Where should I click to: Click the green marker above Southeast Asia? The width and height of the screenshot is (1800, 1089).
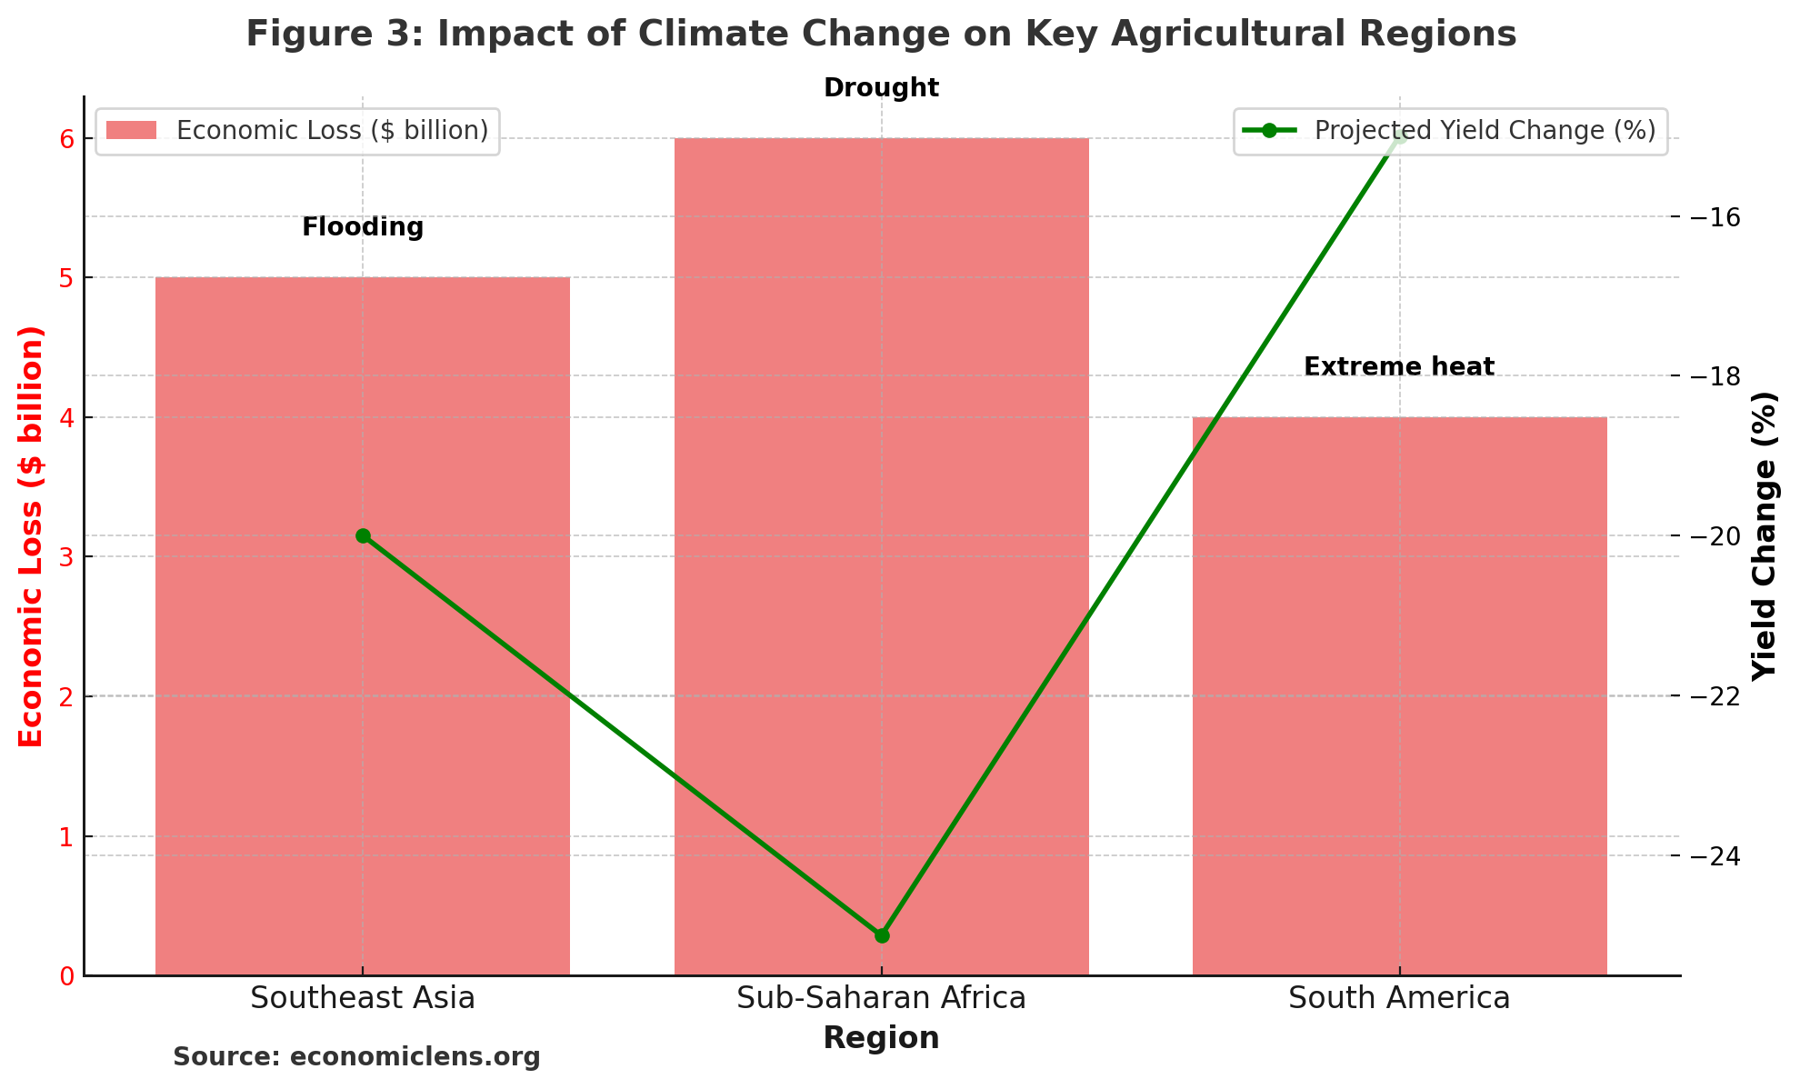click(363, 536)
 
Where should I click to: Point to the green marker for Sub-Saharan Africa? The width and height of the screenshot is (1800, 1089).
click(881, 935)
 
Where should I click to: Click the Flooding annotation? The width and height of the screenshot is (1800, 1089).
click(363, 227)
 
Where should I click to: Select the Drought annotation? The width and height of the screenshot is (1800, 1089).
click(881, 88)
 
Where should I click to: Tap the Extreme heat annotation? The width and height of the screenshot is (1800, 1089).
click(1399, 367)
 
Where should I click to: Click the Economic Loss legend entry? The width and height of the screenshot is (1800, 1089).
click(297, 131)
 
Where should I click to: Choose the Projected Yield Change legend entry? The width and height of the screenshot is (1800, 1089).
click(1450, 131)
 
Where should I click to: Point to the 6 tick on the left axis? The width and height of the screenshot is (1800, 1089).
click(65, 139)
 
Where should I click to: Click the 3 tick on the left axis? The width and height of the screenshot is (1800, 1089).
click(65, 557)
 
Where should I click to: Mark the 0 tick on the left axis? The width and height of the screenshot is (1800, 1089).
click(65, 976)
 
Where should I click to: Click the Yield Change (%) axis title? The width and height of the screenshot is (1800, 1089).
click(1764, 536)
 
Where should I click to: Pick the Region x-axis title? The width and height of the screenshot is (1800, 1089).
click(881, 1038)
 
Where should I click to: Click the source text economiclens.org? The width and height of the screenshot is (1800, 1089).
click(356, 1057)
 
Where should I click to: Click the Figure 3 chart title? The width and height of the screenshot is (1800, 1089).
click(881, 35)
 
